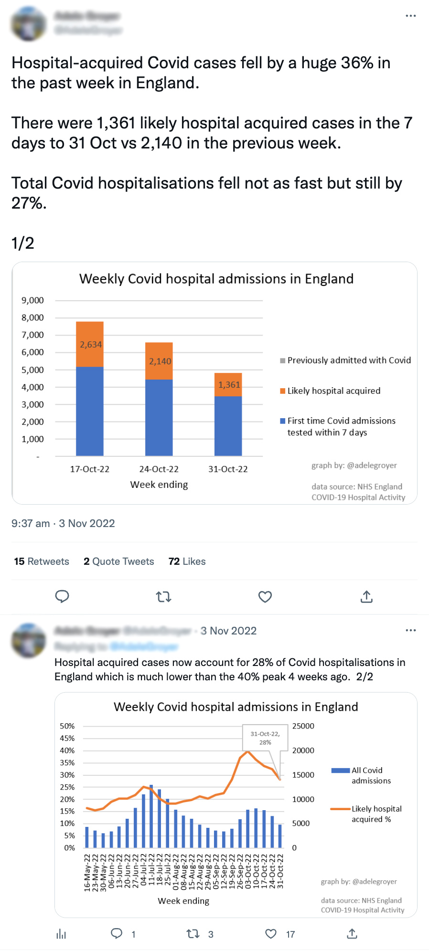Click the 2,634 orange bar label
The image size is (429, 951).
(x=90, y=344)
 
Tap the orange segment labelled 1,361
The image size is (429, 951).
(x=228, y=385)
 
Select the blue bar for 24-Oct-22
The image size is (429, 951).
(x=159, y=417)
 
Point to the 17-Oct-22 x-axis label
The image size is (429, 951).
(x=90, y=469)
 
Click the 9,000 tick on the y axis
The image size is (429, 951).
(x=32, y=300)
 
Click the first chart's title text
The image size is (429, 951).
(x=216, y=279)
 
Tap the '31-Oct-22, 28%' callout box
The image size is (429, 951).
(x=265, y=738)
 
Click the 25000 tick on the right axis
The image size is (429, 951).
(x=303, y=726)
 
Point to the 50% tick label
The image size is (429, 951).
(x=67, y=726)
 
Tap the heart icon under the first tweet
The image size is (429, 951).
(x=265, y=597)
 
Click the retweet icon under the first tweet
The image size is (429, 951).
(x=164, y=597)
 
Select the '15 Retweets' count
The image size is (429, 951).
(x=42, y=561)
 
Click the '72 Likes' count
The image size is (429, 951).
(x=187, y=561)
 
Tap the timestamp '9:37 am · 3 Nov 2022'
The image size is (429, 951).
(x=63, y=523)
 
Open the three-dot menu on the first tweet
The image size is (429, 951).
(x=410, y=16)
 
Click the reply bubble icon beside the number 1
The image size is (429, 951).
(x=117, y=933)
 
